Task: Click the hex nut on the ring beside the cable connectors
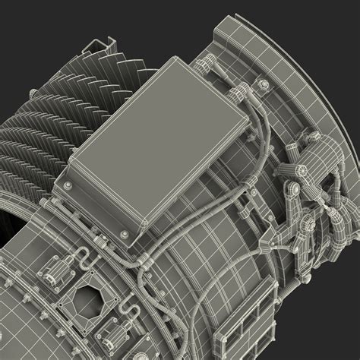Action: pyautogui.click(x=264, y=83)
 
